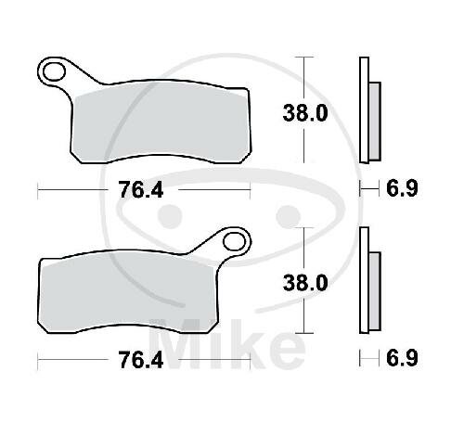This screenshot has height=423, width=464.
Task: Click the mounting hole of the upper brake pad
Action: click(x=55, y=72)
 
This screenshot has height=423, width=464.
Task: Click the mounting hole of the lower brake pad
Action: click(x=234, y=241)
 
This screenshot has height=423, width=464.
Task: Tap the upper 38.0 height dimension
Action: click(x=305, y=113)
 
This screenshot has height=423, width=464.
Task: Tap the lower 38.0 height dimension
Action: click(x=305, y=283)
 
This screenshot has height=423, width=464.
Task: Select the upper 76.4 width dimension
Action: click(x=141, y=189)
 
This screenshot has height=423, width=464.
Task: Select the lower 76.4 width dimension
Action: click(x=141, y=360)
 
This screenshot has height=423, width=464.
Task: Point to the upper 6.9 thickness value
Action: click(x=402, y=188)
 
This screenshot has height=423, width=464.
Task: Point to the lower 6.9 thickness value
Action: click(x=402, y=358)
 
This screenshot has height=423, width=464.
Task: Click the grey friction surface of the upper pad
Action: click(x=161, y=123)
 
